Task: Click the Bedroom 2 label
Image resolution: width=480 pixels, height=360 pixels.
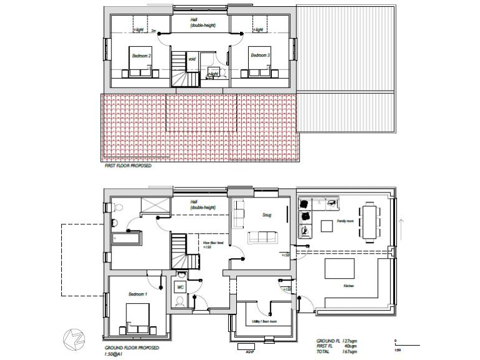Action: coord(141,56)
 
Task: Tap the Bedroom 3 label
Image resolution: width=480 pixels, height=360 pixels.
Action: coord(260,56)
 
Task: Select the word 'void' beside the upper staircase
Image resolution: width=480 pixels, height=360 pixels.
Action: coord(192,59)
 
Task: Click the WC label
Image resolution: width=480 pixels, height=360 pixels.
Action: coord(179,287)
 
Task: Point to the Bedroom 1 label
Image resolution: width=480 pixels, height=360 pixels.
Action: coord(137,294)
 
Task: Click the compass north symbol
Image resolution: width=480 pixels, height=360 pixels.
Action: coord(72,337)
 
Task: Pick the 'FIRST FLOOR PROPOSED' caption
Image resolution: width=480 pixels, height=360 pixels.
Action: coord(128,167)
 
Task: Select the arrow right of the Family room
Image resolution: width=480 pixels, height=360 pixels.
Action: coord(401,229)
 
